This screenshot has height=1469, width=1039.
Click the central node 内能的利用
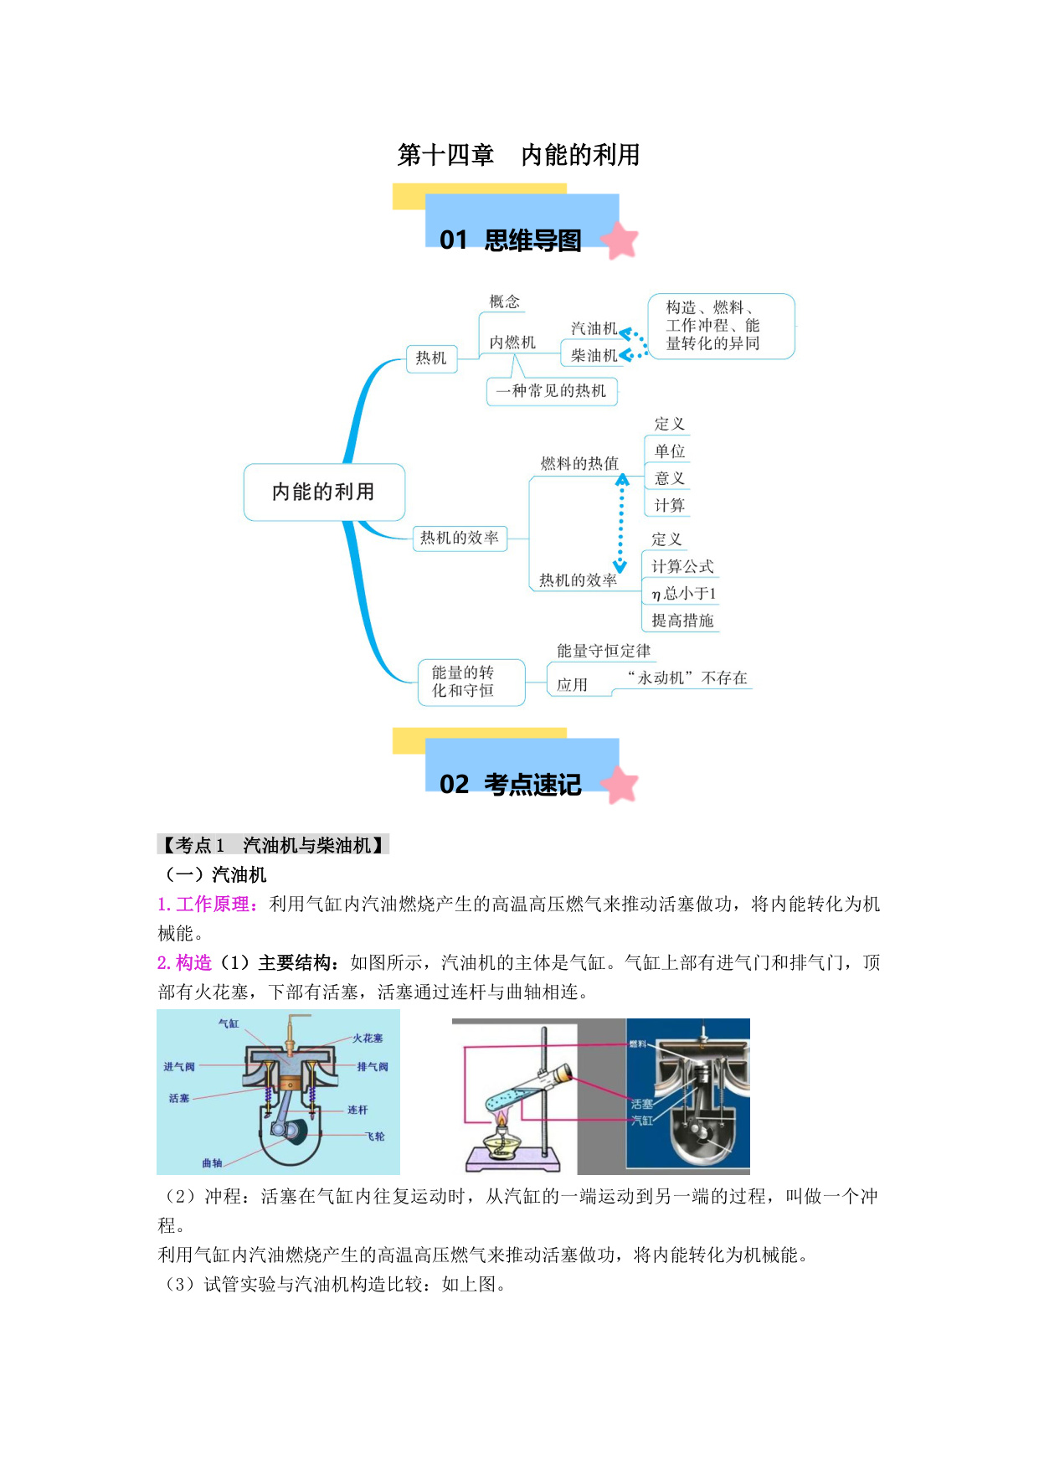click(324, 492)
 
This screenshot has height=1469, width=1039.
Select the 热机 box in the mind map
click(431, 358)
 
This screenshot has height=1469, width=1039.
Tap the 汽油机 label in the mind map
click(594, 328)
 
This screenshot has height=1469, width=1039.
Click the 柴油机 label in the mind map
click(594, 355)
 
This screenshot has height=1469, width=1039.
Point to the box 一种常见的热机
click(552, 391)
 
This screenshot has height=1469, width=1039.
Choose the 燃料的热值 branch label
click(579, 463)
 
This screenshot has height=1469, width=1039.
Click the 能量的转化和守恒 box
click(471, 682)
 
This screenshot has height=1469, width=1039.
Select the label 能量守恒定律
click(604, 651)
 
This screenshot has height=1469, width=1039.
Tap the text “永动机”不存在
click(687, 678)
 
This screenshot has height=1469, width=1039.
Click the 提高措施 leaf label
click(682, 621)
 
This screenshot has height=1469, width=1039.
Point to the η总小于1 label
click(684, 594)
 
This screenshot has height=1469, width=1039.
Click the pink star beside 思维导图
click(619, 240)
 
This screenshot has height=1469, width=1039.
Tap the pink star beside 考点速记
click(619, 785)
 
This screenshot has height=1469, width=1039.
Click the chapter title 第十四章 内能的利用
click(519, 155)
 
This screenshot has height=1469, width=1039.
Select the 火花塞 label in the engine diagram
click(368, 1039)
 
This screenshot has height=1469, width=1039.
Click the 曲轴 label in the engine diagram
click(212, 1163)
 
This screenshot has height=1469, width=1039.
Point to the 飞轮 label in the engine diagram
click(375, 1137)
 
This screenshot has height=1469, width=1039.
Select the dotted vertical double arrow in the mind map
click(621, 523)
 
